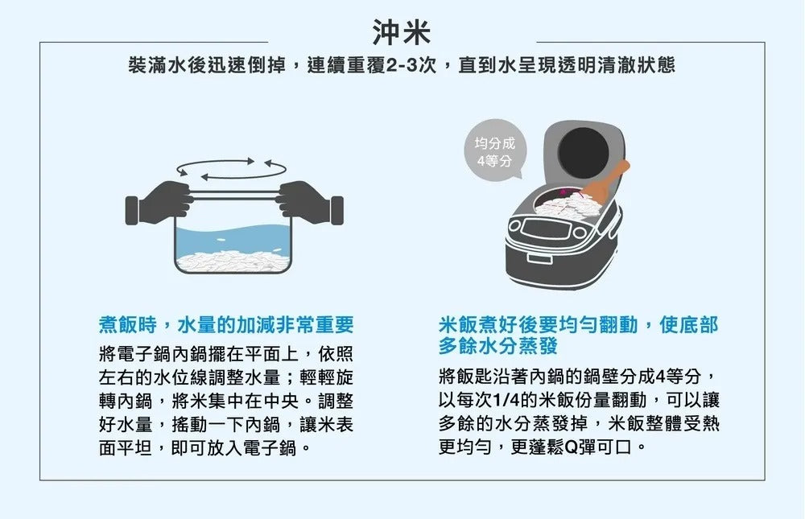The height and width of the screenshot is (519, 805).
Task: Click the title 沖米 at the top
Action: [402, 32]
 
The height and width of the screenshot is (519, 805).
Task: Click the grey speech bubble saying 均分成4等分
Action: [493, 153]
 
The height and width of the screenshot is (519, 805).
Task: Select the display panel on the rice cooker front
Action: [547, 234]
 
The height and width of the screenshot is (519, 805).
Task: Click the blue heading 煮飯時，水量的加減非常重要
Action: [226, 325]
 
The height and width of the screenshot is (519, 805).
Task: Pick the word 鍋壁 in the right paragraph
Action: [600, 377]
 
